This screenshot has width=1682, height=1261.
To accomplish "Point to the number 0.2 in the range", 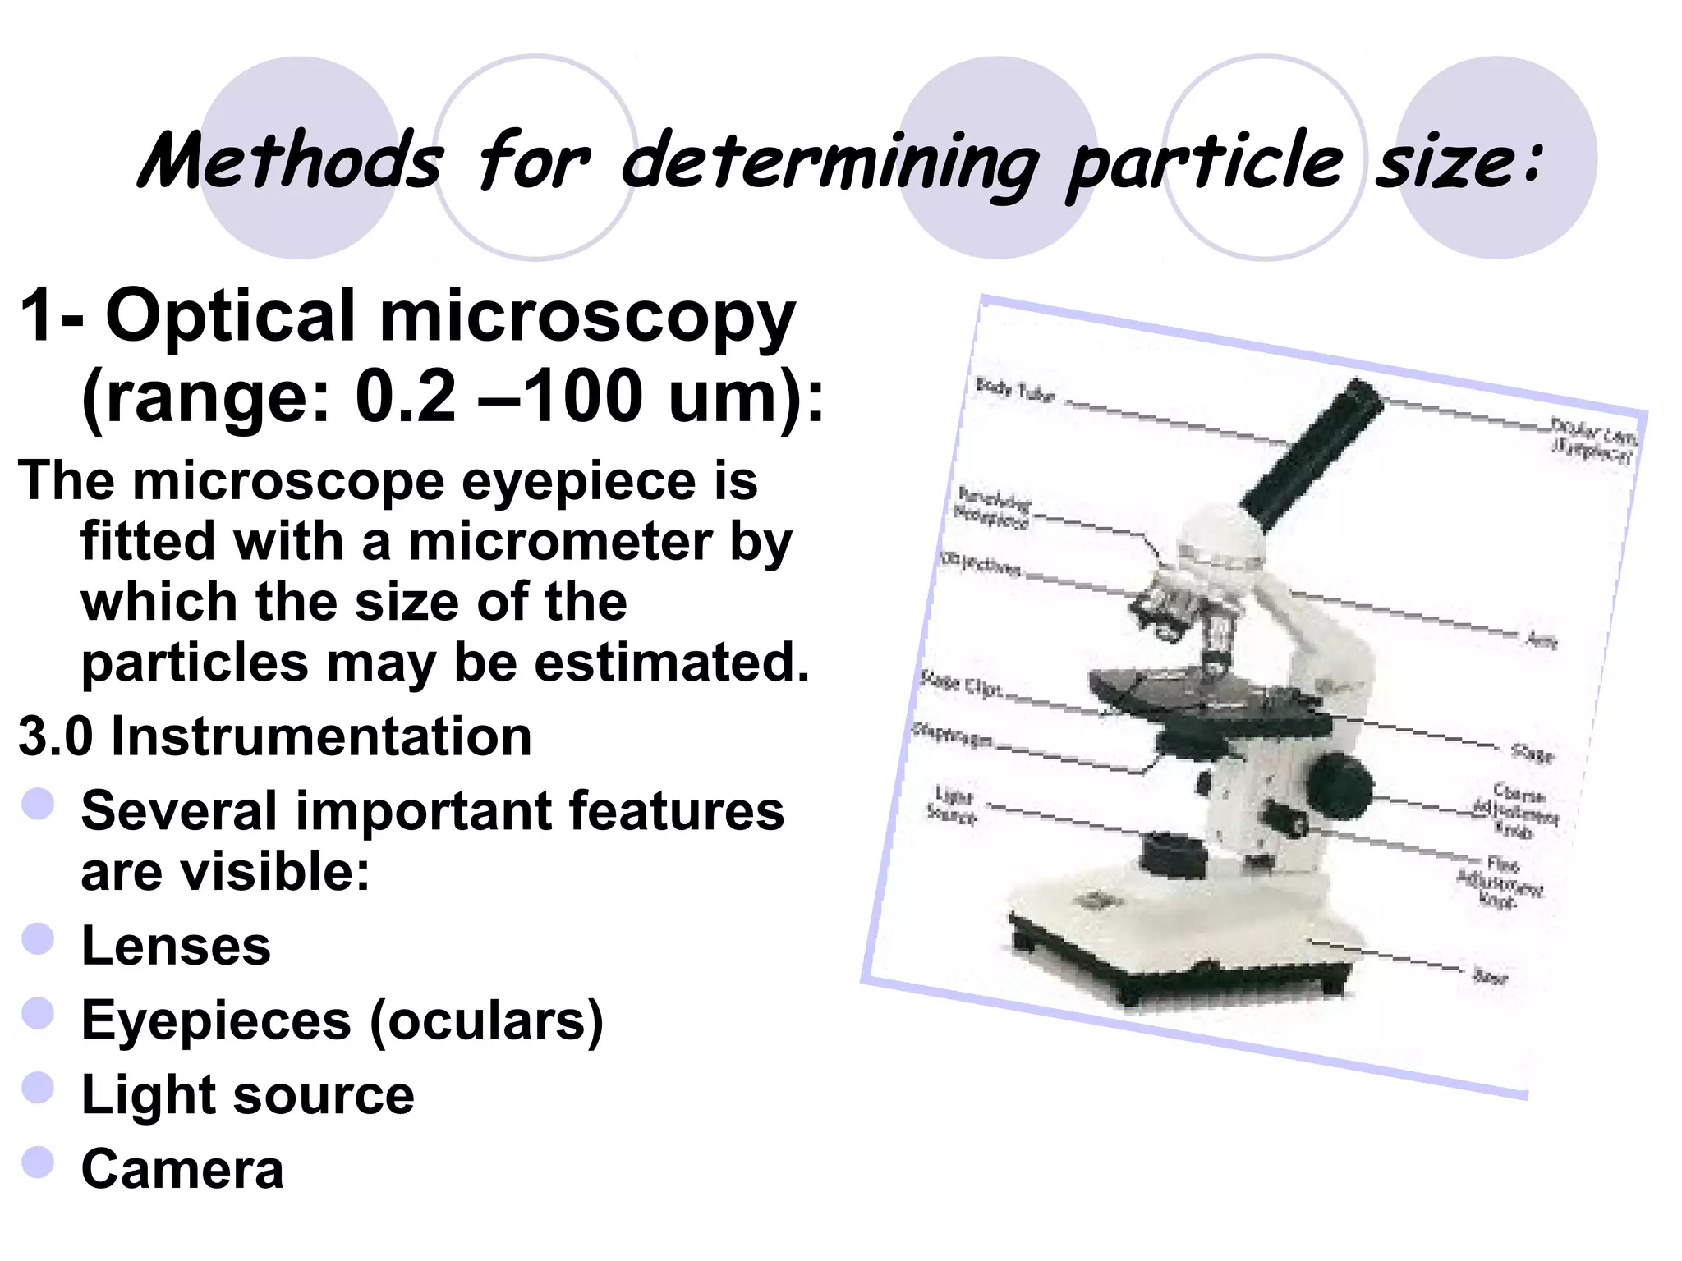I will [x=404, y=397].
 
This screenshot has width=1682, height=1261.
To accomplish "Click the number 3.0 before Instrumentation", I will [x=56, y=736].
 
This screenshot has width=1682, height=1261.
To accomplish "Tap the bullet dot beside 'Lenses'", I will [x=39, y=938].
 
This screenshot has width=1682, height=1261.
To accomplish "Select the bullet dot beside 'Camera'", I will [x=39, y=1162].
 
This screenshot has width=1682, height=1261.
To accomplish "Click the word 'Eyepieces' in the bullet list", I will [x=216, y=1020].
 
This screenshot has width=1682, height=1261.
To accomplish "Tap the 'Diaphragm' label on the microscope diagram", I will [x=953, y=735].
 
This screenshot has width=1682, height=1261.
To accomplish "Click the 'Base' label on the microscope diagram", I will [x=1490, y=976].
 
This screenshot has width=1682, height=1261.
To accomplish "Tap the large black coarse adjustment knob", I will [x=1339, y=785].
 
